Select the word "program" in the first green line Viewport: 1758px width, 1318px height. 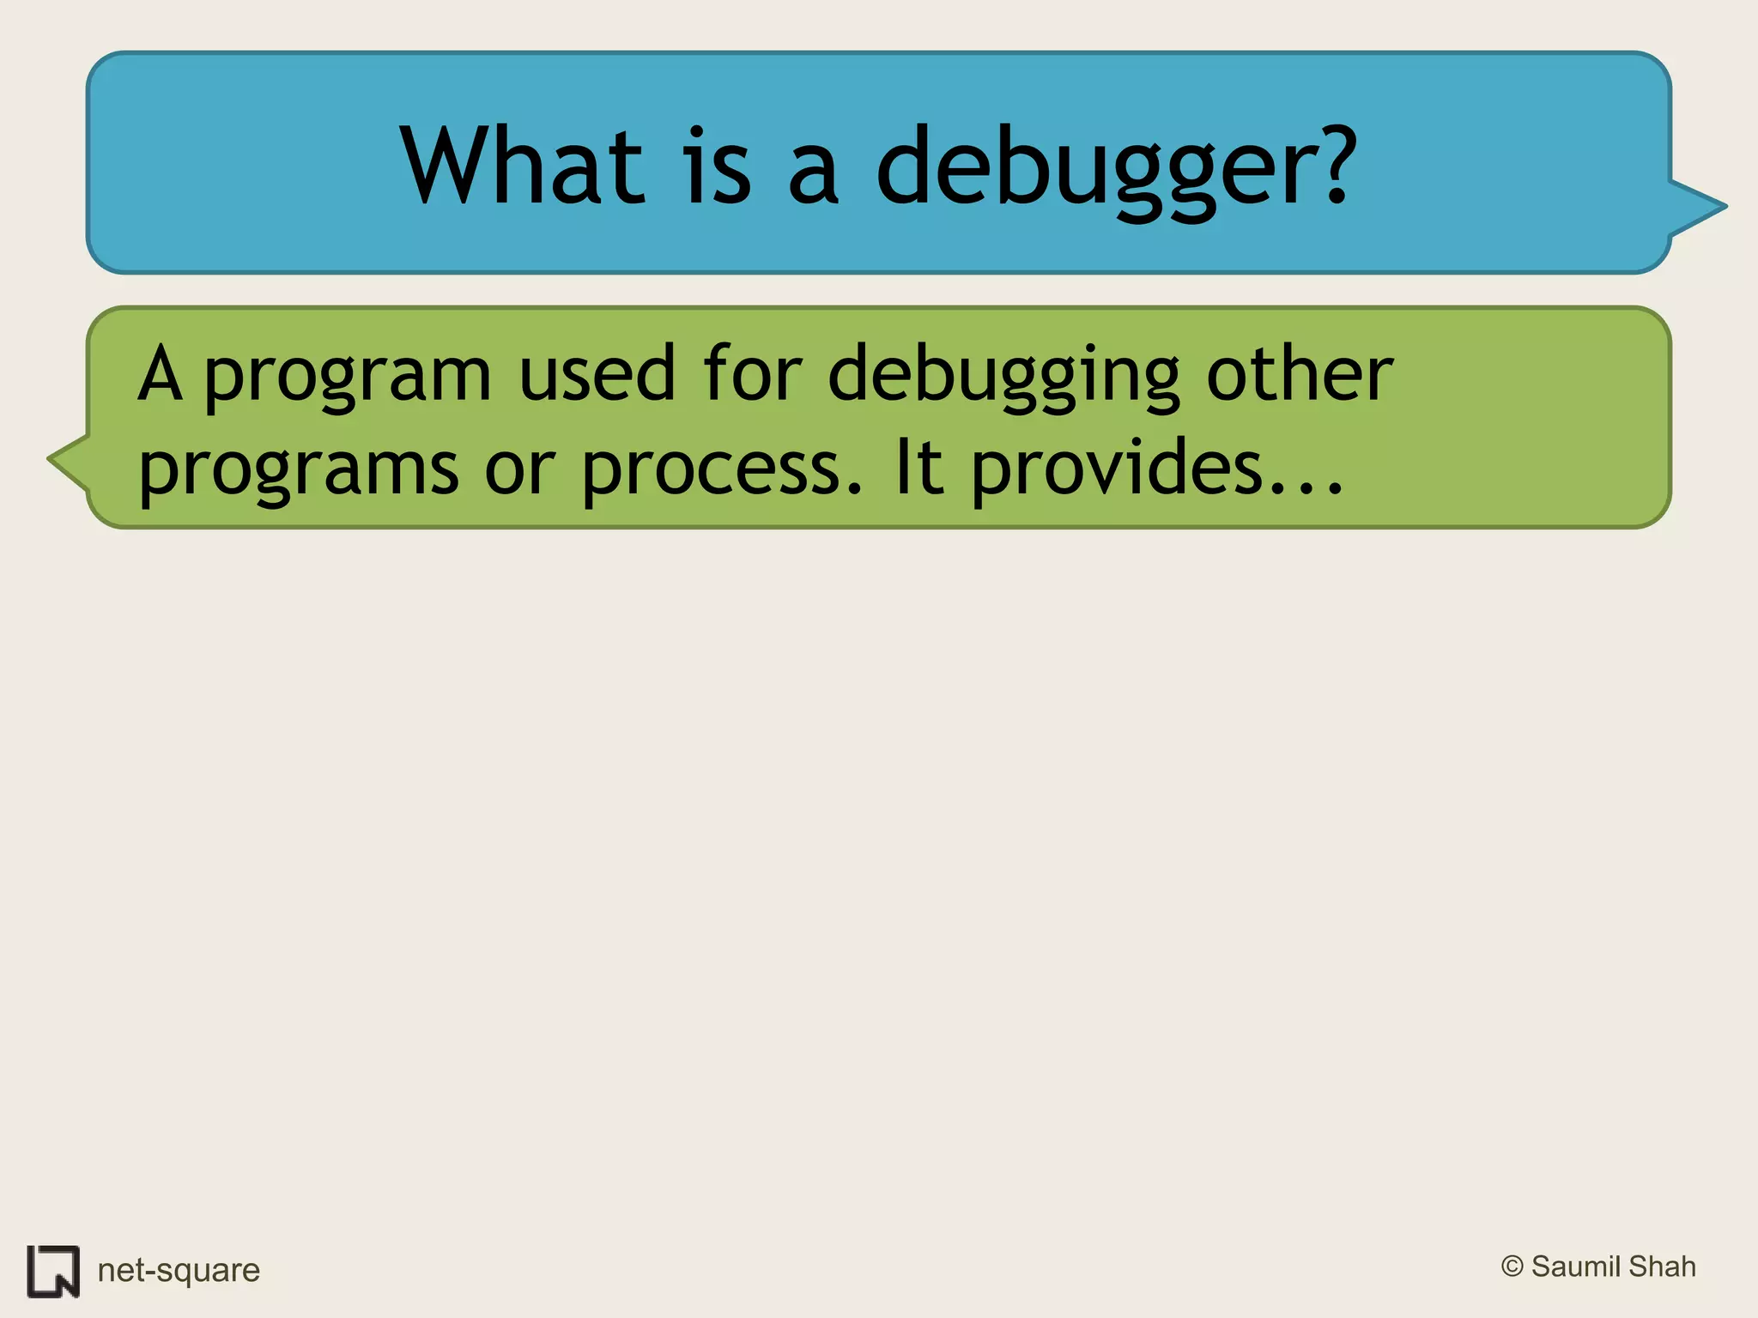348,378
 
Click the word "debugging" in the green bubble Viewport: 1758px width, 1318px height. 1004,378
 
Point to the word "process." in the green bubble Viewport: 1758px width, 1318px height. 721,470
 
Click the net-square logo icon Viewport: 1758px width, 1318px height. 53,1271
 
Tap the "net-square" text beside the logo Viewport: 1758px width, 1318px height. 179,1270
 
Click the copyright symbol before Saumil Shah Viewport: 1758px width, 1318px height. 1512,1267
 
